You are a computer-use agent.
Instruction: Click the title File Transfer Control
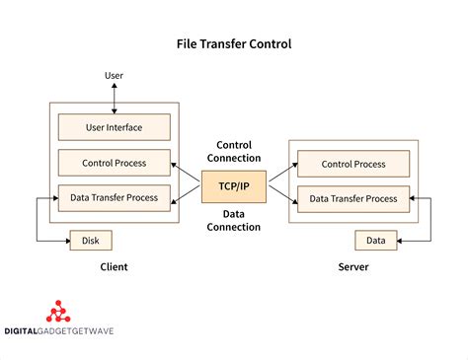(x=234, y=44)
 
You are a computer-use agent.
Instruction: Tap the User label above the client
(x=114, y=76)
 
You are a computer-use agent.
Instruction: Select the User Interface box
(x=114, y=126)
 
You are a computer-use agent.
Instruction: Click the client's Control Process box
(x=114, y=162)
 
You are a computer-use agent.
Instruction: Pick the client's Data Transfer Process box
(x=114, y=197)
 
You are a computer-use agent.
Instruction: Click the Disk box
(x=91, y=240)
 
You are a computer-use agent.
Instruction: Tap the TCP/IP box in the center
(x=234, y=183)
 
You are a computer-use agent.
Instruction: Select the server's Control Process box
(x=352, y=164)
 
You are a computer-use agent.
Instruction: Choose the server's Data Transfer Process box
(x=352, y=198)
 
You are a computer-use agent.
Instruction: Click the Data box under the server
(x=376, y=240)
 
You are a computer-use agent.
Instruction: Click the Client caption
(x=114, y=267)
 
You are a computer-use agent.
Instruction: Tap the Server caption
(x=352, y=267)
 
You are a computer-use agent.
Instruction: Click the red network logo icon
(x=60, y=312)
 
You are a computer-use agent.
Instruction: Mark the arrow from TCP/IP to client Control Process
(x=186, y=174)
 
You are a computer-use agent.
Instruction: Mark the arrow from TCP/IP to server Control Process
(x=281, y=174)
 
